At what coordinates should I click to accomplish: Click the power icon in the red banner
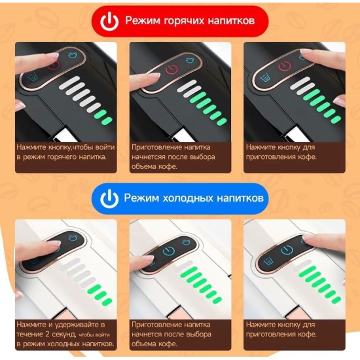[x=109, y=22]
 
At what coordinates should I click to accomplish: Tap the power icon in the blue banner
[x=109, y=198]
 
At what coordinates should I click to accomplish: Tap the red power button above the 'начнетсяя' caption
[x=171, y=69]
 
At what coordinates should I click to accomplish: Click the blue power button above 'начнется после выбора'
[x=168, y=251]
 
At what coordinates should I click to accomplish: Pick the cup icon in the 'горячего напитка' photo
[x=73, y=55]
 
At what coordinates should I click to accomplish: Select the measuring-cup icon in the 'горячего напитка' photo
[x=33, y=77]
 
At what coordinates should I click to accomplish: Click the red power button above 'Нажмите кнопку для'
[x=285, y=66]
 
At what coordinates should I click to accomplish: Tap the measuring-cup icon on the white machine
[x=268, y=262]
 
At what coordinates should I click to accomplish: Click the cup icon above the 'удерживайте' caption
[x=73, y=237]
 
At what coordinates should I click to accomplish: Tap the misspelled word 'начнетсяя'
[x=149, y=157]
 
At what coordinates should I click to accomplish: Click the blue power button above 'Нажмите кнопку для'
[x=287, y=250]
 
